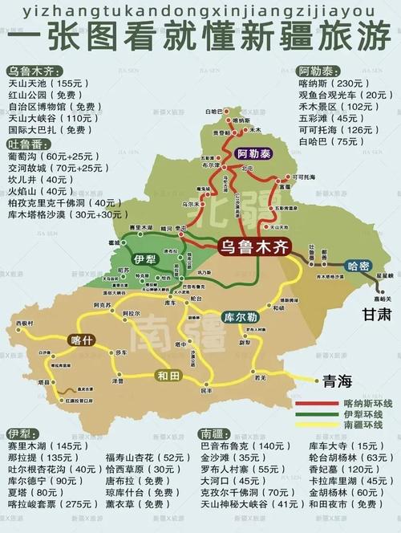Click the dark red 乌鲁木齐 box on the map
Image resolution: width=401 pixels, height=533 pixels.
click(x=256, y=246)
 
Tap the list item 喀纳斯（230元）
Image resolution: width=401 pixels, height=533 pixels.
click(x=327, y=83)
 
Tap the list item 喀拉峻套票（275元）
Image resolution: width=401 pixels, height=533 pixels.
click(x=53, y=504)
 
